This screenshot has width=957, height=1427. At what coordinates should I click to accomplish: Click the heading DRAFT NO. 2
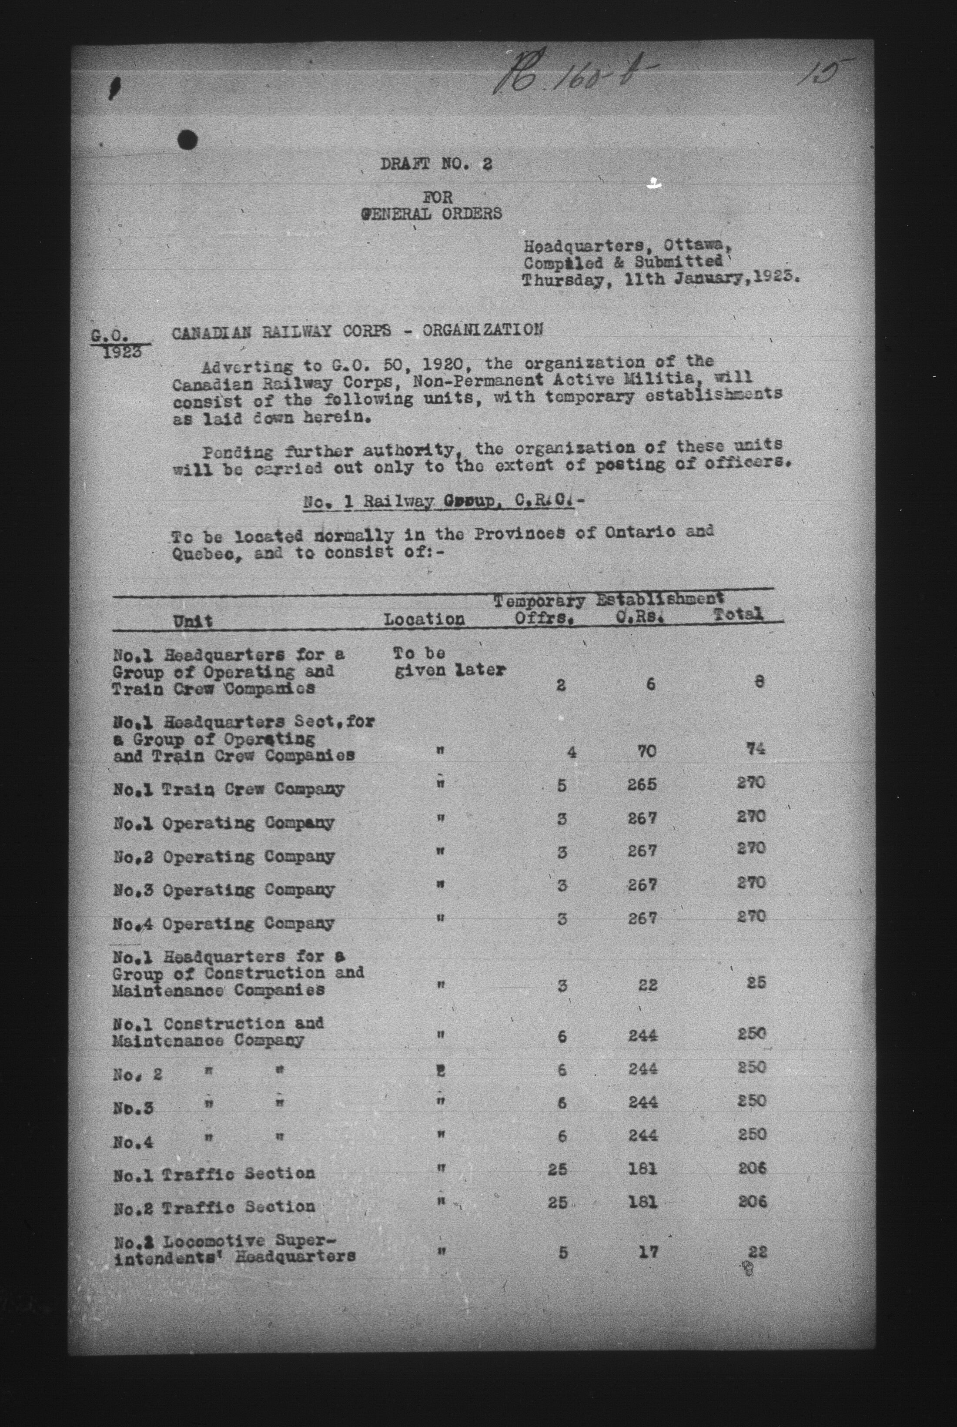pyautogui.click(x=436, y=164)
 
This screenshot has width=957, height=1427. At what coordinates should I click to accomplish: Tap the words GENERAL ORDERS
pyautogui.click(x=432, y=214)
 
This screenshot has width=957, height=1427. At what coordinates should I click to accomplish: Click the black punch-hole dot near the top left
pyautogui.click(x=188, y=140)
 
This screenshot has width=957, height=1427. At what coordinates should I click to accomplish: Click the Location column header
pyautogui.click(x=424, y=619)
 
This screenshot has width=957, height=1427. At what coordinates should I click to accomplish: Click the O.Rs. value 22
pyautogui.click(x=648, y=985)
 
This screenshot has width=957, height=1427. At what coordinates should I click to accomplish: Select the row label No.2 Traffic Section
pyautogui.click(x=214, y=1207)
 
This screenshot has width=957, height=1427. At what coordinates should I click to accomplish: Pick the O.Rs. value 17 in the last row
pyautogui.click(x=648, y=1252)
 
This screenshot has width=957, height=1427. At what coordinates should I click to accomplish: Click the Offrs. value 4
pyautogui.click(x=571, y=752)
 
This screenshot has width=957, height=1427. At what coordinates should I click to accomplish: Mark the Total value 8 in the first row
pyautogui.click(x=759, y=682)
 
